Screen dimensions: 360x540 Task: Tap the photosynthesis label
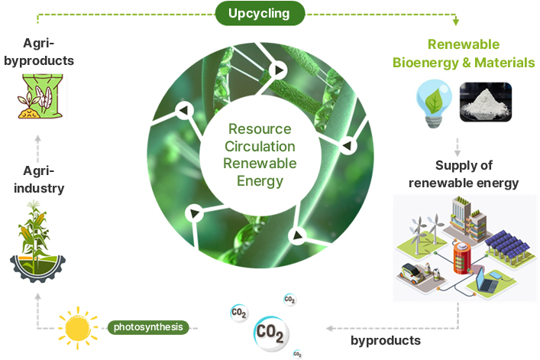(148, 327)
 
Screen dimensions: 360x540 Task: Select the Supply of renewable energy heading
(464, 174)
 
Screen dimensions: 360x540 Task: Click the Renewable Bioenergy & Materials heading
(464, 54)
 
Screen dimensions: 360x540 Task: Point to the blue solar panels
(503, 245)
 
